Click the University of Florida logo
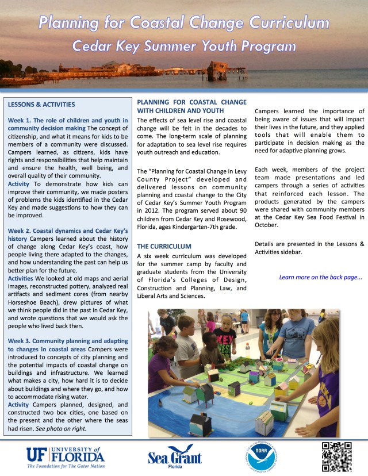pyautogui.click(x=65, y=457)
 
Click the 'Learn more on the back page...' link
pyautogui.click(x=320, y=277)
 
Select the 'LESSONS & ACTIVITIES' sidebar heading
pyautogui.click(x=41, y=105)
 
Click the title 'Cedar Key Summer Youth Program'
pyautogui.click(x=184, y=45)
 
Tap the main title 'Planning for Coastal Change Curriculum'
pyautogui.click(x=184, y=22)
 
